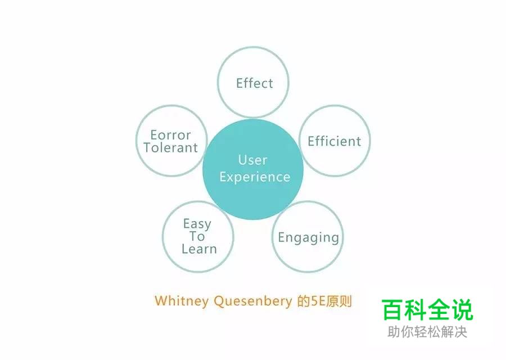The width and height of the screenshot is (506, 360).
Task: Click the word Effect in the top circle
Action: click(x=254, y=83)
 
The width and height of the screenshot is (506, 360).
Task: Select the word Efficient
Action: click(x=335, y=141)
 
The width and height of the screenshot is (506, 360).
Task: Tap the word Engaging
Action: click(x=309, y=237)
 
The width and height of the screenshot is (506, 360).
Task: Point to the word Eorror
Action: click(x=171, y=135)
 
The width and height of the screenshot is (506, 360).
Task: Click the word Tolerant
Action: click(x=171, y=148)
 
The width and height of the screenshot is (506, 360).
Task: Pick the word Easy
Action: click(x=197, y=224)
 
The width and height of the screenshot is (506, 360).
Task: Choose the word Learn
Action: click(x=199, y=249)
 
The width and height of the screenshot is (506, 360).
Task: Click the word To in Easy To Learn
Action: click(x=197, y=236)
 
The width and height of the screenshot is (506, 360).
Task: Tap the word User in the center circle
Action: click(x=252, y=160)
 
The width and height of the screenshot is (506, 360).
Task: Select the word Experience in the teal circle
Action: click(x=255, y=177)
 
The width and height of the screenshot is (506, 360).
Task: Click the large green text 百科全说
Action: click(x=427, y=310)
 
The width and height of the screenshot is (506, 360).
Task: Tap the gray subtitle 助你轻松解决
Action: click(x=427, y=332)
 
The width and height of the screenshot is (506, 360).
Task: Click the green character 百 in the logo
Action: click(x=394, y=310)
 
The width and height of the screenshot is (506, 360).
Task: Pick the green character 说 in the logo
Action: click(x=462, y=310)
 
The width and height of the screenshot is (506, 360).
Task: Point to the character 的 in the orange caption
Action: click(x=304, y=301)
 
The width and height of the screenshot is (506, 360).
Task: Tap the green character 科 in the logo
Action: click(x=416, y=310)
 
